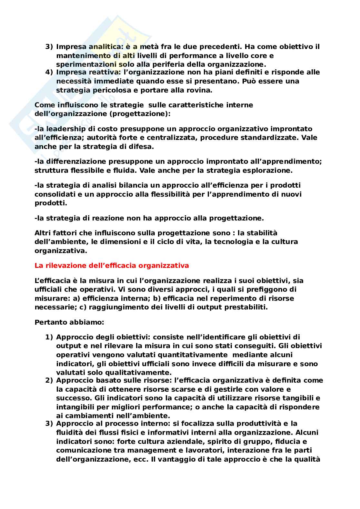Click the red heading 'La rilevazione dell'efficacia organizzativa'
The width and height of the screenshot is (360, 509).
[112, 266]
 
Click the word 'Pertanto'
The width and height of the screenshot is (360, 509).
[49, 322]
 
